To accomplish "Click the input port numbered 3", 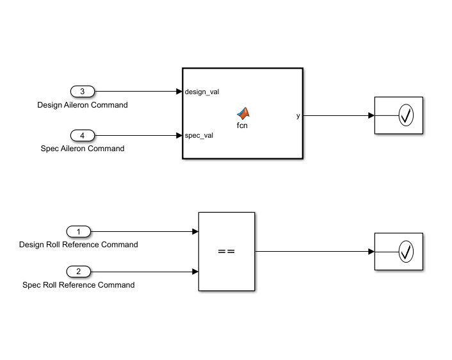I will [82, 91].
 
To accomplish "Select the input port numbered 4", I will [82, 135].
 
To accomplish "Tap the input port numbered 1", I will [79, 231].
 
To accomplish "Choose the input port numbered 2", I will [79, 271].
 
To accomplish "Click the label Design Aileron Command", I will [83, 105].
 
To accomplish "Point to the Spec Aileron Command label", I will [83, 149].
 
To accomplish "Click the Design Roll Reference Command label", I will [79, 245].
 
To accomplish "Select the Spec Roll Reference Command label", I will [79, 285].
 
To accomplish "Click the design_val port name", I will [202, 92].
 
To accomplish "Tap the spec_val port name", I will [199, 135].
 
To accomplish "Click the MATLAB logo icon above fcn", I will [242, 113].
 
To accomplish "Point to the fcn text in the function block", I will [242, 126].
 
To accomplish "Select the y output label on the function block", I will [298, 116].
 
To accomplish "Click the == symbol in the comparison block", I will [227, 252].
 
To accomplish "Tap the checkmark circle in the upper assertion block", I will [406, 116].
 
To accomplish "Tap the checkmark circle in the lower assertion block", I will [406, 252].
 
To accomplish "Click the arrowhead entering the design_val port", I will [179, 92].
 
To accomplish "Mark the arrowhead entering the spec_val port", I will [179, 135].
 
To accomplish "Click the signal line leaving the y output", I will [336, 116].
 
